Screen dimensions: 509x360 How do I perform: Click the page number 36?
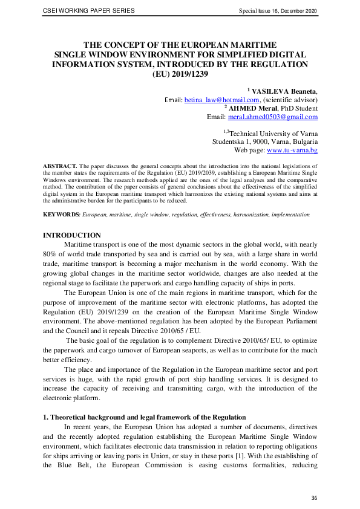tap(314, 498)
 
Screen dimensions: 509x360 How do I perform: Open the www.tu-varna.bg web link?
tap(292, 150)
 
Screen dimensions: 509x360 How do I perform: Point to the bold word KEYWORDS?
tap(61, 215)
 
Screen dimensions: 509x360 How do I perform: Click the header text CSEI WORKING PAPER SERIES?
tap(89, 11)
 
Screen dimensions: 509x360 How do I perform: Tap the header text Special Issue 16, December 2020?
tap(278, 11)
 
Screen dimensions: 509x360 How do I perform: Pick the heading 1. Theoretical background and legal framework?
tap(145, 417)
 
